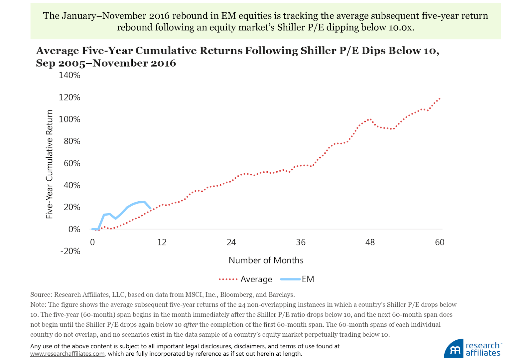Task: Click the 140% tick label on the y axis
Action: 69,76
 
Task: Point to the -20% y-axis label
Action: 70,251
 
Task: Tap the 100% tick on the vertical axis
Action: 69,119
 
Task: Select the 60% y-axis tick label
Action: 72,163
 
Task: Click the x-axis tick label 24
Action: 231,242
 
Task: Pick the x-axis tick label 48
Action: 370,242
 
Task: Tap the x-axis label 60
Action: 440,242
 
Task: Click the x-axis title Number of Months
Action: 266,260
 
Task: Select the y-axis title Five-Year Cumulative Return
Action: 50,164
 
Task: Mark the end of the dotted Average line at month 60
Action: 440,98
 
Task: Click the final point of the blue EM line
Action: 151,208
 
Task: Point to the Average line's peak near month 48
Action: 369,119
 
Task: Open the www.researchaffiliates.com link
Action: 67,354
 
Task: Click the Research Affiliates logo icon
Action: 454,349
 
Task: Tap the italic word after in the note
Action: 191,325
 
